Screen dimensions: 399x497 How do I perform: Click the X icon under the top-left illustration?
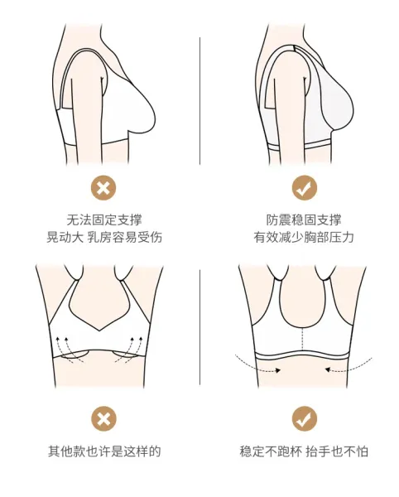pyautogui.click(x=103, y=188)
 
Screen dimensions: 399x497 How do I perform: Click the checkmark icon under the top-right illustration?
pyautogui.click(x=305, y=188)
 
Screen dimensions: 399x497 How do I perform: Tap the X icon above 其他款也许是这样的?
pyautogui.click(x=103, y=418)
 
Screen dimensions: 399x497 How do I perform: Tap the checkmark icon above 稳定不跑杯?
pyautogui.click(x=305, y=418)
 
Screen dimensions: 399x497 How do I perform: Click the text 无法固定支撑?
pyautogui.click(x=104, y=220)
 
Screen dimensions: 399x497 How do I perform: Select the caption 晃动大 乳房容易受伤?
pyautogui.click(x=104, y=237)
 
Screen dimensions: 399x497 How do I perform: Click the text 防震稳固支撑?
pyautogui.click(x=304, y=220)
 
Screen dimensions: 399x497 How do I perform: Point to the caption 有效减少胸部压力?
pyautogui.click(x=304, y=237)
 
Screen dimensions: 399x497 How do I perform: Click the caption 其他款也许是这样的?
pyautogui.click(x=104, y=451)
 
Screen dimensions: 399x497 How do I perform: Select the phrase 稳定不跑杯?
pyautogui.click(x=270, y=451)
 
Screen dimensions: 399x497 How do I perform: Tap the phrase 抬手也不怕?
pyautogui.click(x=337, y=451)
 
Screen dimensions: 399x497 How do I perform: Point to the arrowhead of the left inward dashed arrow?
pyautogui.click(x=278, y=370)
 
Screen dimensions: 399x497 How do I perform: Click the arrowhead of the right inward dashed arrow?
pyautogui.click(x=328, y=369)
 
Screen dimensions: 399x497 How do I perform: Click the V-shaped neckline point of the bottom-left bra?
pyautogui.click(x=99, y=331)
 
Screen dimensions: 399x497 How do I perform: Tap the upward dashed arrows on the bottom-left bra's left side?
pyautogui.click(x=69, y=350)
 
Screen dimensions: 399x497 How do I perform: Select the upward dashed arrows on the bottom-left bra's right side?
pyautogui.click(x=131, y=350)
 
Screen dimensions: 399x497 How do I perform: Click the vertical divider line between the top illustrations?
pyautogui.click(x=199, y=101)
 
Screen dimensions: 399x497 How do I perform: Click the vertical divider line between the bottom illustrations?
pyautogui.click(x=199, y=327)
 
